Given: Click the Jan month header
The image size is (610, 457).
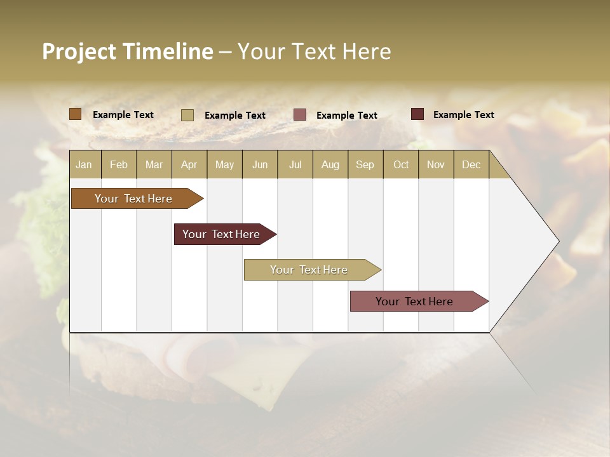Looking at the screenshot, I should [x=84, y=164].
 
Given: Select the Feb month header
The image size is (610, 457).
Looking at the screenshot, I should [x=119, y=164].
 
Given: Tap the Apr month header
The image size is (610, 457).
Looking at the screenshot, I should [x=189, y=164].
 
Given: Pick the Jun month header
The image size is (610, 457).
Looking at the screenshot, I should [x=260, y=164].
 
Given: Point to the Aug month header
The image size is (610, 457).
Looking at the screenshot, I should [x=330, y=164].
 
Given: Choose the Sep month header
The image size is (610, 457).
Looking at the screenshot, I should [x=365, y=164].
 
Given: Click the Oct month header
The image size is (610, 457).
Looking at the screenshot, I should [x=401, y=164].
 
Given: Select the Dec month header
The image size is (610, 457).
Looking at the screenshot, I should [x=471, y=164].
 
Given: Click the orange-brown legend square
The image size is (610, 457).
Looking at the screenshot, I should [x=75, y=114].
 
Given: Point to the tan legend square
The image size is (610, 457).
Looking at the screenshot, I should [x=187, y=115].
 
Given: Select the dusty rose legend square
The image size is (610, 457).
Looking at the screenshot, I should [x=300, y=115].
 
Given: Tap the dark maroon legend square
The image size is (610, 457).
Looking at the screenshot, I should [x=417, y=114].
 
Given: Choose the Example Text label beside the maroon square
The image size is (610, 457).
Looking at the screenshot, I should [x=463, y=114].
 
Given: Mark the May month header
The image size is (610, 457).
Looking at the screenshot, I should [x=224, y=164].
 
